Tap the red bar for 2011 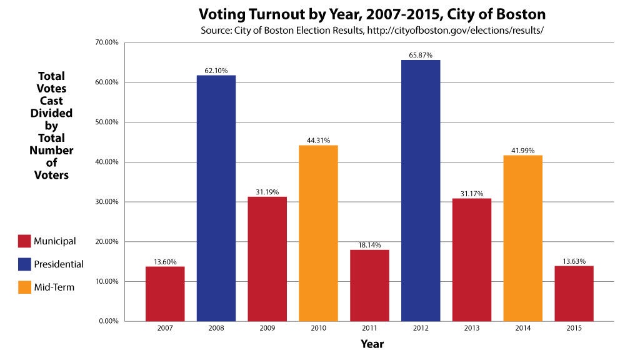point(369,285)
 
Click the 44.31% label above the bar point(318,141)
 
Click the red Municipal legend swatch point(24,241)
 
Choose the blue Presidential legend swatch point(24,264)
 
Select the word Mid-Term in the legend point(54,287)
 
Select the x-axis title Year point(372,344)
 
